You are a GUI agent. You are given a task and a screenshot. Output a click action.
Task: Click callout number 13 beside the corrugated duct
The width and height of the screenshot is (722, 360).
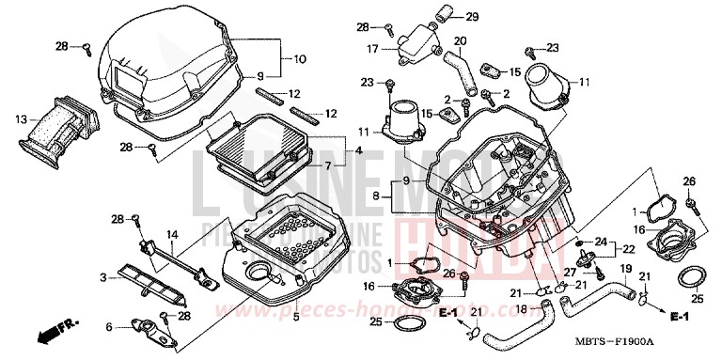click(x=22, y=119)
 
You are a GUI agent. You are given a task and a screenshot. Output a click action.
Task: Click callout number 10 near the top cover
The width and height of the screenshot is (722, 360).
click(x=301, y=59)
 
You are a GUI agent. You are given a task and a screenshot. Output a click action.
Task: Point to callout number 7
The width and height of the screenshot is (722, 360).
click(x=328, y=165)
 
